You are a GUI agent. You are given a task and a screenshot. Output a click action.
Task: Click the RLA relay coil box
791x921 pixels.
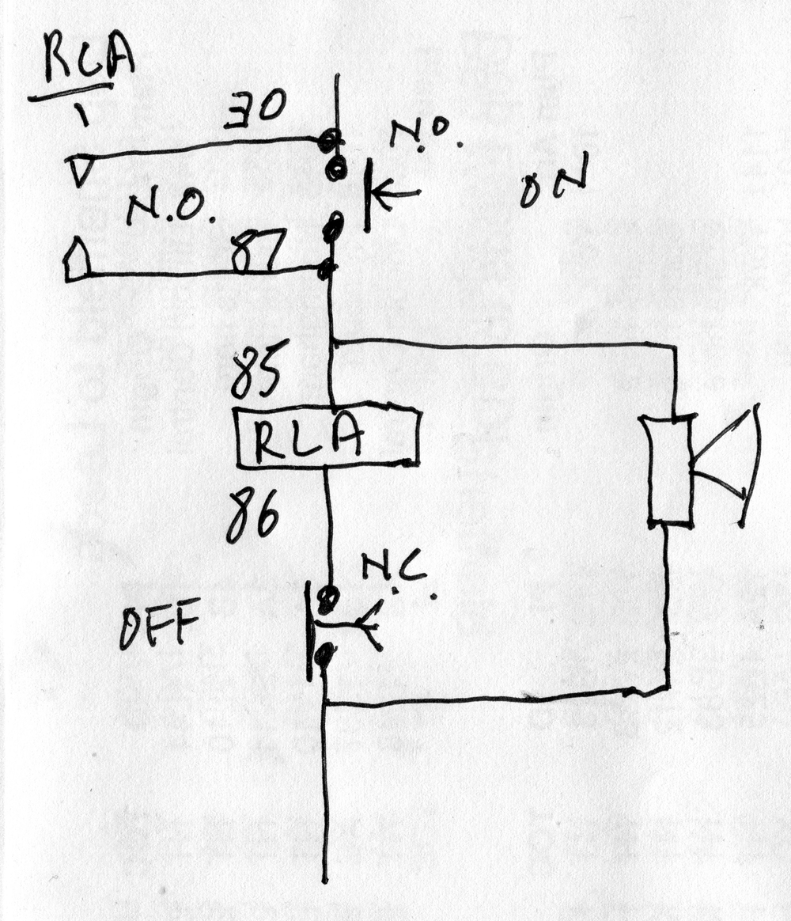tap(327, 437)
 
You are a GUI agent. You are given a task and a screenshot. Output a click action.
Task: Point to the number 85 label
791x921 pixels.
tap(254, 374)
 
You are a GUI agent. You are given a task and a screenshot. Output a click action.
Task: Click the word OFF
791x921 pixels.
tap(158, 627)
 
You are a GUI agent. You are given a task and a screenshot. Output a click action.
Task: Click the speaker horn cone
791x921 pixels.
tap(728, 467)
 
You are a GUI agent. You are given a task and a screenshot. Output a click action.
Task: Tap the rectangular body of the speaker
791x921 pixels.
tap(669, 470)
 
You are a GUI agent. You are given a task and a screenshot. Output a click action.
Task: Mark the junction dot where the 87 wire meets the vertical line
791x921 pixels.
tap(324, 271)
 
